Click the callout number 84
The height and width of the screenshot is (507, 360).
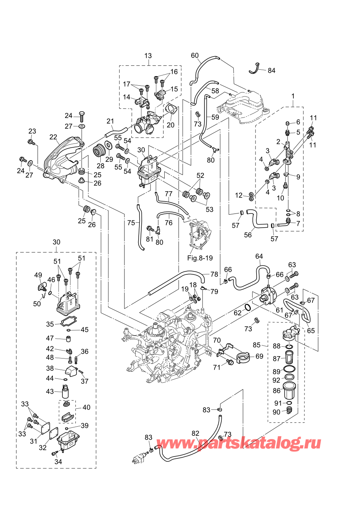click(272, 70)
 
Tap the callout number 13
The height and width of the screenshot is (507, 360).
click(148, 56)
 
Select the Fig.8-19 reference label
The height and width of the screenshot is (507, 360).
click(200, 258)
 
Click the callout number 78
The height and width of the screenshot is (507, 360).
click(214, 274)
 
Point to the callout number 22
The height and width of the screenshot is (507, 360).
click(53, 137)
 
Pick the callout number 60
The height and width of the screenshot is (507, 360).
click(195, 56)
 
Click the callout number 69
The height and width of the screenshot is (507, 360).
click(259, 356)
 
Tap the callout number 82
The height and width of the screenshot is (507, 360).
click(195, 434)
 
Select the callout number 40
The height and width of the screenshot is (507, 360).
click(87, 408)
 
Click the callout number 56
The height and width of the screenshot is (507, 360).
click(248, 235)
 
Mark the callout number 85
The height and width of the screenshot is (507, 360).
click(257, 345)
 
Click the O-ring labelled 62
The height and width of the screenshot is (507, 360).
click(248, 307)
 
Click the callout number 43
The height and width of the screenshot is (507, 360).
click(50, 391)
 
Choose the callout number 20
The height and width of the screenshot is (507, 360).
click(170, 125)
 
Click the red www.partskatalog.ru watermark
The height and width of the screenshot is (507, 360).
click(239, 443)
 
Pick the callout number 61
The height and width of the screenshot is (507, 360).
click(280, 310)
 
